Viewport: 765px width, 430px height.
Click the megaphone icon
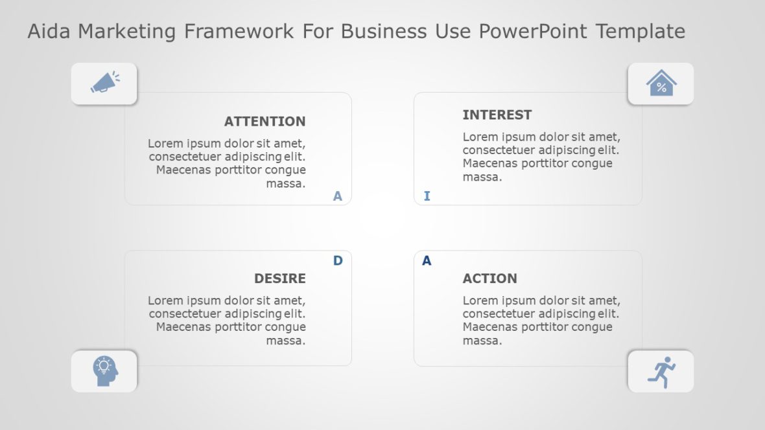click(104, 83)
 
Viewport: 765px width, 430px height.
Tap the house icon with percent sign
click(661, 84)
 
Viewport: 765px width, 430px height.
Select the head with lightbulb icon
click(105, 371)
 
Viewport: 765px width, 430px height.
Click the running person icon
click(661, 372)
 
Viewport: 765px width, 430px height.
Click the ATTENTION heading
click(265, 121)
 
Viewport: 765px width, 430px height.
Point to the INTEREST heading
click(497, 115)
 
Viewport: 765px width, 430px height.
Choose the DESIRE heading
click(279, 278)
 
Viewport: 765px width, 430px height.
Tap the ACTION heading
click(489, 278)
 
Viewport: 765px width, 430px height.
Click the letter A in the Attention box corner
click(337, 196)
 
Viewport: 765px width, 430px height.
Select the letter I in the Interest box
click(427, 196)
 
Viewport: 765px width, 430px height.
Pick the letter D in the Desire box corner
click(337, 260)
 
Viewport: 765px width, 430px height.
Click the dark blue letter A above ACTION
click(427, 261)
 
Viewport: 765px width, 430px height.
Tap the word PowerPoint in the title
click(534, 31)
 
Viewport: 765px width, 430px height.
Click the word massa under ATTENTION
click(285, 183)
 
